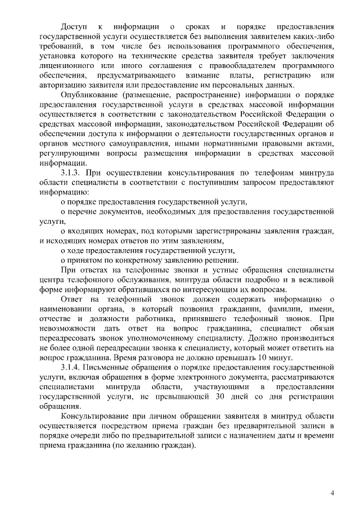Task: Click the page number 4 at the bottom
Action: click(x=332, y=493)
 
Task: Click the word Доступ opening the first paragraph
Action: click(x=74, y=26)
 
